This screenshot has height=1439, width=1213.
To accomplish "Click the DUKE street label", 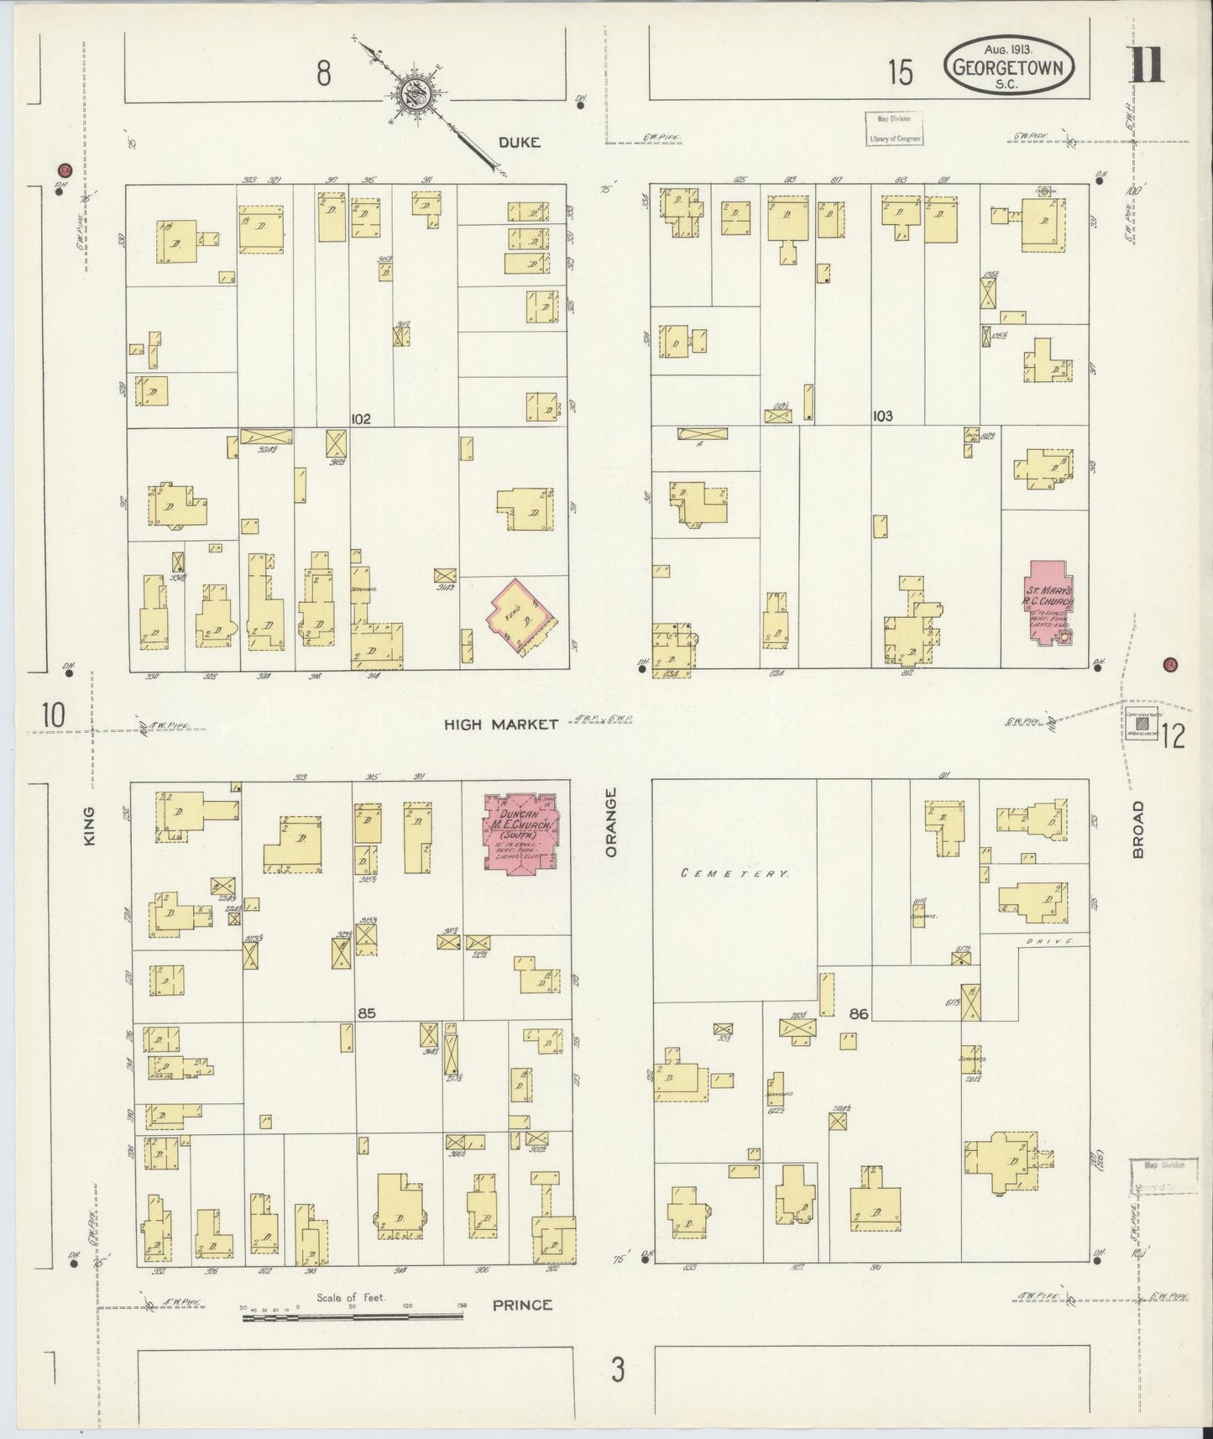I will [519, 143].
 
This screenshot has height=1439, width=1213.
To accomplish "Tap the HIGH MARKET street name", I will [501, 724].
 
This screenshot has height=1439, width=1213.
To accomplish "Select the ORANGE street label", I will [610, 822].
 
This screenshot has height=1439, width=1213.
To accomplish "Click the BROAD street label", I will [1138, 829].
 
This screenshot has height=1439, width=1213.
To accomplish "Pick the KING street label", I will [90, 825].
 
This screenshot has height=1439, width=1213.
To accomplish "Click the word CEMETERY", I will [735, 873].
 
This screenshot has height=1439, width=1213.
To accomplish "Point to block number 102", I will [361, 418].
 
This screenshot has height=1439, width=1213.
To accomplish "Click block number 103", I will [882, 416].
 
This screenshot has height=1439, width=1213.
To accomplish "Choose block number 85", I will [366, 1013].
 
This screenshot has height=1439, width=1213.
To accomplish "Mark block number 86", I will [858, 1013].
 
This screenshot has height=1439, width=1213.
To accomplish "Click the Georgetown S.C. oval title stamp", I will [1011, 65].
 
